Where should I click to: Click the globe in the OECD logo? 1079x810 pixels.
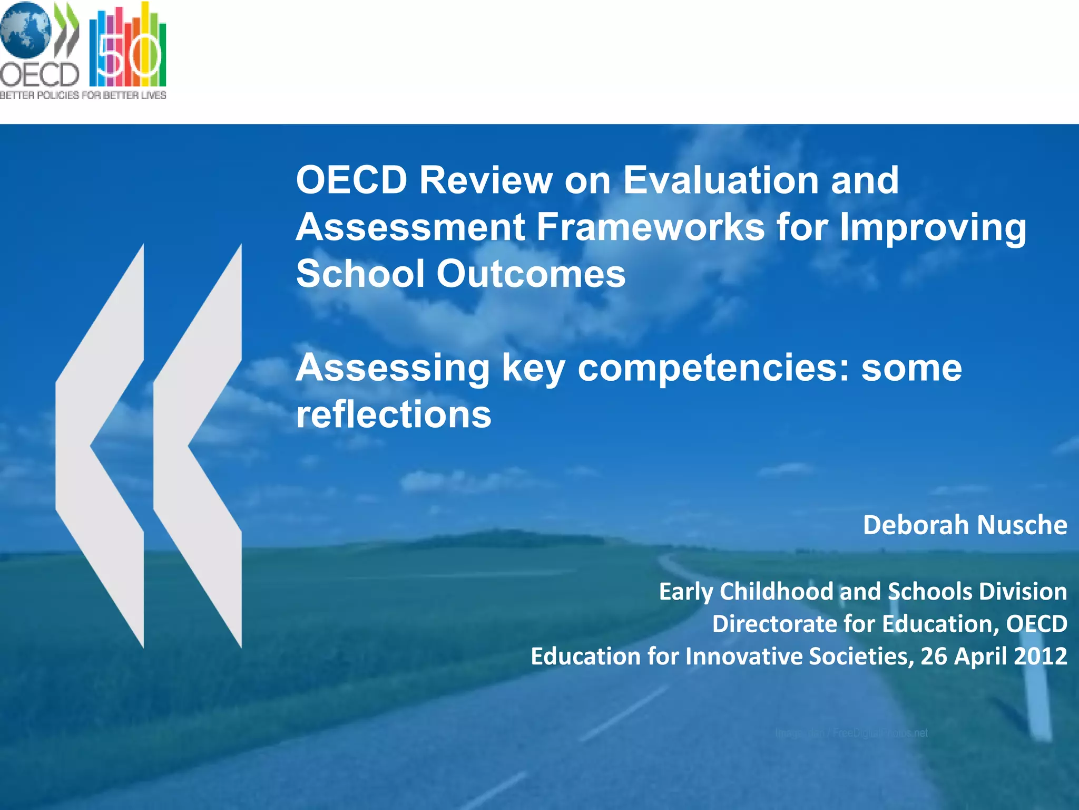[x=25, y=31]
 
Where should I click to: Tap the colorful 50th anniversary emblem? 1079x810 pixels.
[x=128, y=46]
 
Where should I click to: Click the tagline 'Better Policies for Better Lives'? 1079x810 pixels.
[x=83, y=95]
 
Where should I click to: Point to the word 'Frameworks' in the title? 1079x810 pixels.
[x=650, y=227]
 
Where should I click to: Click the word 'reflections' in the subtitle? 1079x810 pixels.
[x=394, y=414]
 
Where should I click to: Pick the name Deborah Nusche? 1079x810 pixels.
[x=965, y=525]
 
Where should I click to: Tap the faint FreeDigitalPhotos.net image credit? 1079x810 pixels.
[x=851, y=733]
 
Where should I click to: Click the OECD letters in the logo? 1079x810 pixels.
[x=40, y=75]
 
